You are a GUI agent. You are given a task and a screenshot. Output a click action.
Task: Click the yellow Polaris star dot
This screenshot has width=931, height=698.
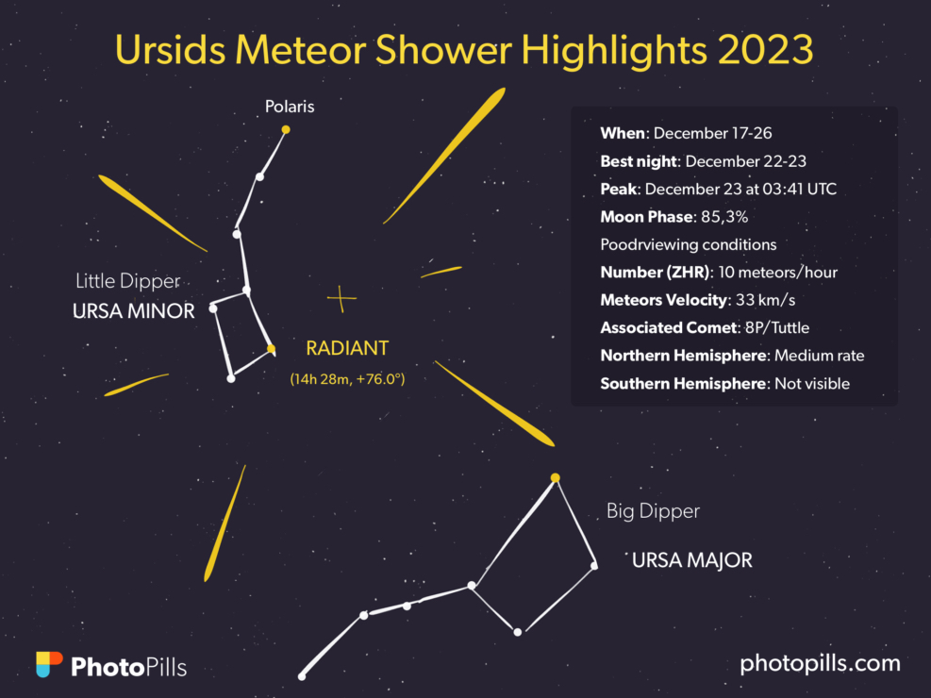[x=286, y=129]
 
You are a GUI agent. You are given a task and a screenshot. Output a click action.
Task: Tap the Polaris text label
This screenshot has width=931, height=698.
[x=290, y=107]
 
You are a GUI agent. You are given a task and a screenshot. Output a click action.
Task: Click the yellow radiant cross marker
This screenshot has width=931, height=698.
[x=341, y=299]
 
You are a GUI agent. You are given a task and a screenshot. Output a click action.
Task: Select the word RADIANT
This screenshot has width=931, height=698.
[x=347, y=348]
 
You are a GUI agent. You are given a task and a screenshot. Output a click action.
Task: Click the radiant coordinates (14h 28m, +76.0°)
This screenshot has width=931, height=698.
[x=347, y=378]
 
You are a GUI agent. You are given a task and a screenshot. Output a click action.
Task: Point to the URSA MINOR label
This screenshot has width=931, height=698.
[x=134, y=311]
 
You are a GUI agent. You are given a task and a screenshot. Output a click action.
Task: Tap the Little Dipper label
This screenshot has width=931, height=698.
[x=127, y=281]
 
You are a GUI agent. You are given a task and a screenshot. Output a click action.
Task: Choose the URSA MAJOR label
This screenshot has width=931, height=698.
[x=691, y=560]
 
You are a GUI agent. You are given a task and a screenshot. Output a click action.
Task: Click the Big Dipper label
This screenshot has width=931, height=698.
[x=653, y=511]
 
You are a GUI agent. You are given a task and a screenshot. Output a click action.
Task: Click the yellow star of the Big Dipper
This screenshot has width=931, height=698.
[x=556, y=478]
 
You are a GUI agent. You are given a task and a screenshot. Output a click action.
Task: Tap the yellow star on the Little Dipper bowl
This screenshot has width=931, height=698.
[x=272, y=349]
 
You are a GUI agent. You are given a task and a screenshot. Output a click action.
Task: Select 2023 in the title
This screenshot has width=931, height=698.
[x=765, y=50]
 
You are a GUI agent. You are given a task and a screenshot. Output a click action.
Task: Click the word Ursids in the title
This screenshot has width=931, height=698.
[x=170, y=50]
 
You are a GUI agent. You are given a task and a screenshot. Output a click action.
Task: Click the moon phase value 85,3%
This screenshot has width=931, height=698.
[x=724, y=217]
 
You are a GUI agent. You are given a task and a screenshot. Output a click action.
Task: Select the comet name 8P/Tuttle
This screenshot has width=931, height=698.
[x=777, y=327]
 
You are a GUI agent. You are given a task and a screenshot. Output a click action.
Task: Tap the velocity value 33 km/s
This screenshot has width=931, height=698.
[x=765, y=300]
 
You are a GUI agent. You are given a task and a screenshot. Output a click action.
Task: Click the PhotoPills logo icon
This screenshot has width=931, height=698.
[x=49, y=664]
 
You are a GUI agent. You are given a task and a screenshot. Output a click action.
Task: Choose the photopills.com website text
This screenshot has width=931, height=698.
[x=820, y=664]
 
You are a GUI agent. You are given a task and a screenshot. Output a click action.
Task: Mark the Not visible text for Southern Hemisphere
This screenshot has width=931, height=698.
[x=812, y=384]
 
